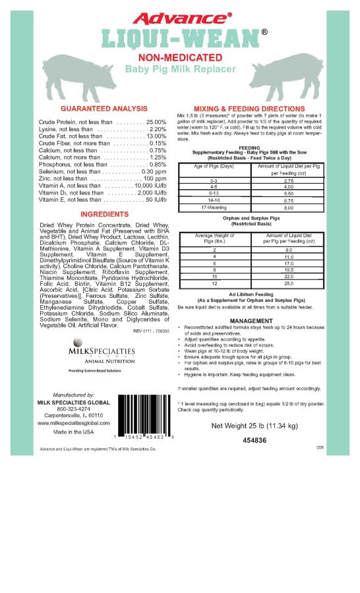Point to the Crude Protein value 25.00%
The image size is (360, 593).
[x=156, y=122]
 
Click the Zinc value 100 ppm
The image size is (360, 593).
[x=155, y=179]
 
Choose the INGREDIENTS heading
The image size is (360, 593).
[x=103, y=214]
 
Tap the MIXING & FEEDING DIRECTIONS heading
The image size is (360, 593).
[x=249, y=108]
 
